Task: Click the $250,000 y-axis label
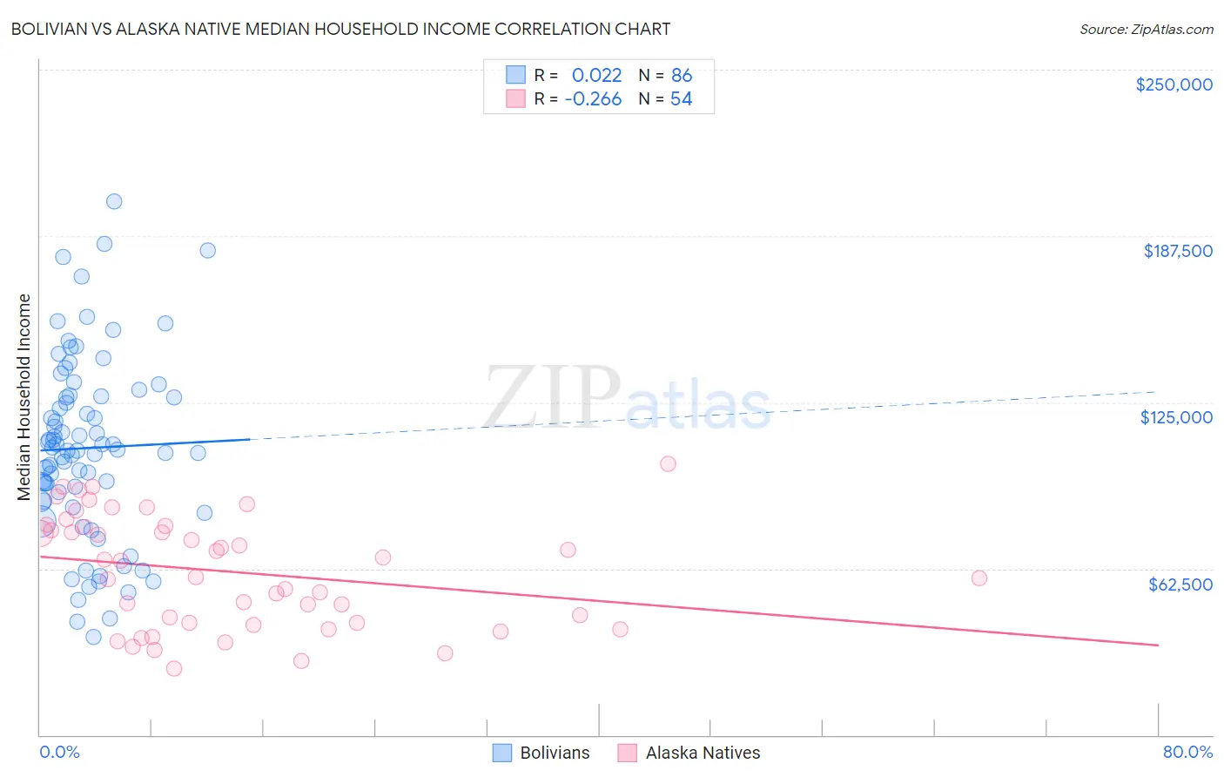[1174, 84]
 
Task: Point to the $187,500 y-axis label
[1177, 251]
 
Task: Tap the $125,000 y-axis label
[1176, 417]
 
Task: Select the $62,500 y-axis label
[1180, 584]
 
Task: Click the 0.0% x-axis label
[59, 752]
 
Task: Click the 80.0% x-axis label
[1187, 752]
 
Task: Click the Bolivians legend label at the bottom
[555, 753]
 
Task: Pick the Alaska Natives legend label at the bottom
[703, 753]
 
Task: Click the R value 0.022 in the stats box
[596, 75]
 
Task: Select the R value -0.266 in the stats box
[593, 98]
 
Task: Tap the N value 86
[682, 75]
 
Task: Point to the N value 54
[681, 98]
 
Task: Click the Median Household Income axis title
[24, 397]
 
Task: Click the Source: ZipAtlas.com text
[1146, 30]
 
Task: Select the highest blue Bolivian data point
[114, 201]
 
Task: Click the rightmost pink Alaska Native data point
[979, 578]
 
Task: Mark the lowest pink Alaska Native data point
[174, 668]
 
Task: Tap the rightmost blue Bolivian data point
[208, 250]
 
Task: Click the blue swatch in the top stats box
[516, 75]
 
